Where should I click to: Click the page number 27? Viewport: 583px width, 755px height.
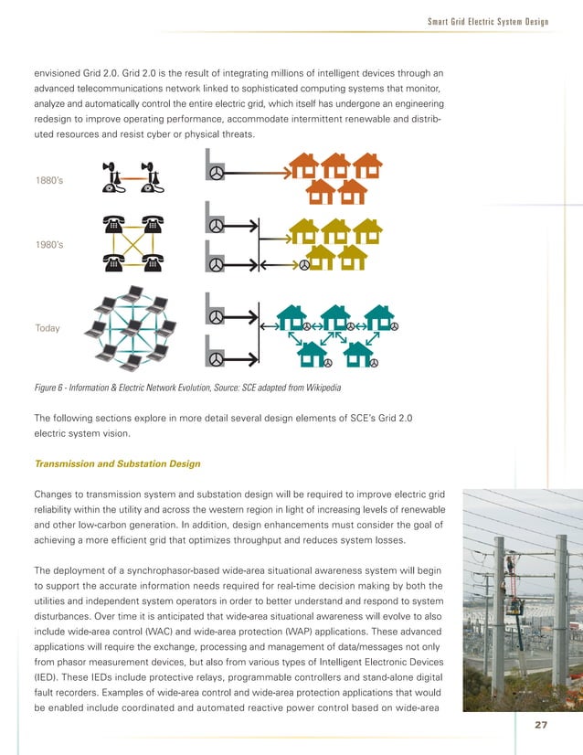pyautogui.click(x=540, y=725)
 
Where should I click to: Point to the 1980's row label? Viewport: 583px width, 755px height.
pyautogui.click(x=48, y=246)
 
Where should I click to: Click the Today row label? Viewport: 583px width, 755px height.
pyautogui.click(x=47, y=327)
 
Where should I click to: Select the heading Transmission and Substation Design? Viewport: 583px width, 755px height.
pyautogui.click(x=116, y=463)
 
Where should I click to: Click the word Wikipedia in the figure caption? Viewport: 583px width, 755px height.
pyautogui.click(x=320, y=388)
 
